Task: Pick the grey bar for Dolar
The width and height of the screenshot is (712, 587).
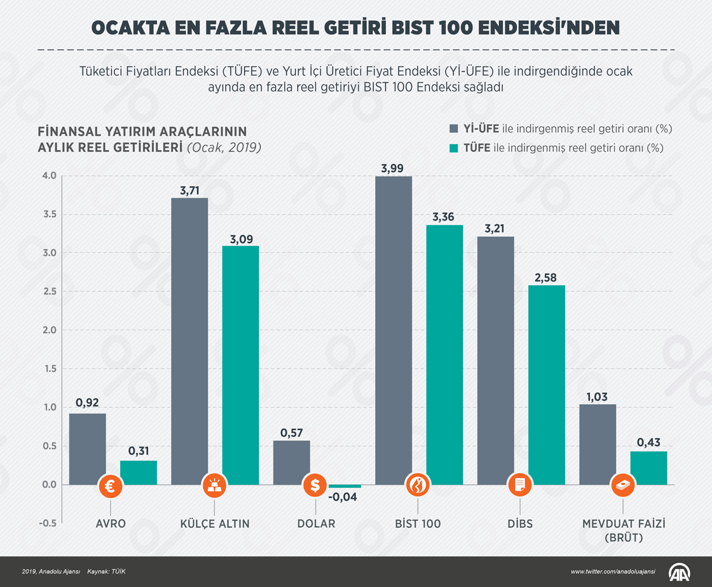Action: (292, 461)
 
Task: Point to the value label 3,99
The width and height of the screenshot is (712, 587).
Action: (394, 168)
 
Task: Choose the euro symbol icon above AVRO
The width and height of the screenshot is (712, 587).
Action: (111, 486)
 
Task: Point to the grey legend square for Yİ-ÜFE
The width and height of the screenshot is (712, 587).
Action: (454, 128)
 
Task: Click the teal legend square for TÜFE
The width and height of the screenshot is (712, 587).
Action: (454, 148)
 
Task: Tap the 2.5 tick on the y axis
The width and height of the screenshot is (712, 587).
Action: (50, 292)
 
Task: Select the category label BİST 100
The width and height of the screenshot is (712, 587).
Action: (417, 524)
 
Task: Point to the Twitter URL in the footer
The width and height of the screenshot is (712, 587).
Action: (613, 572)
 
